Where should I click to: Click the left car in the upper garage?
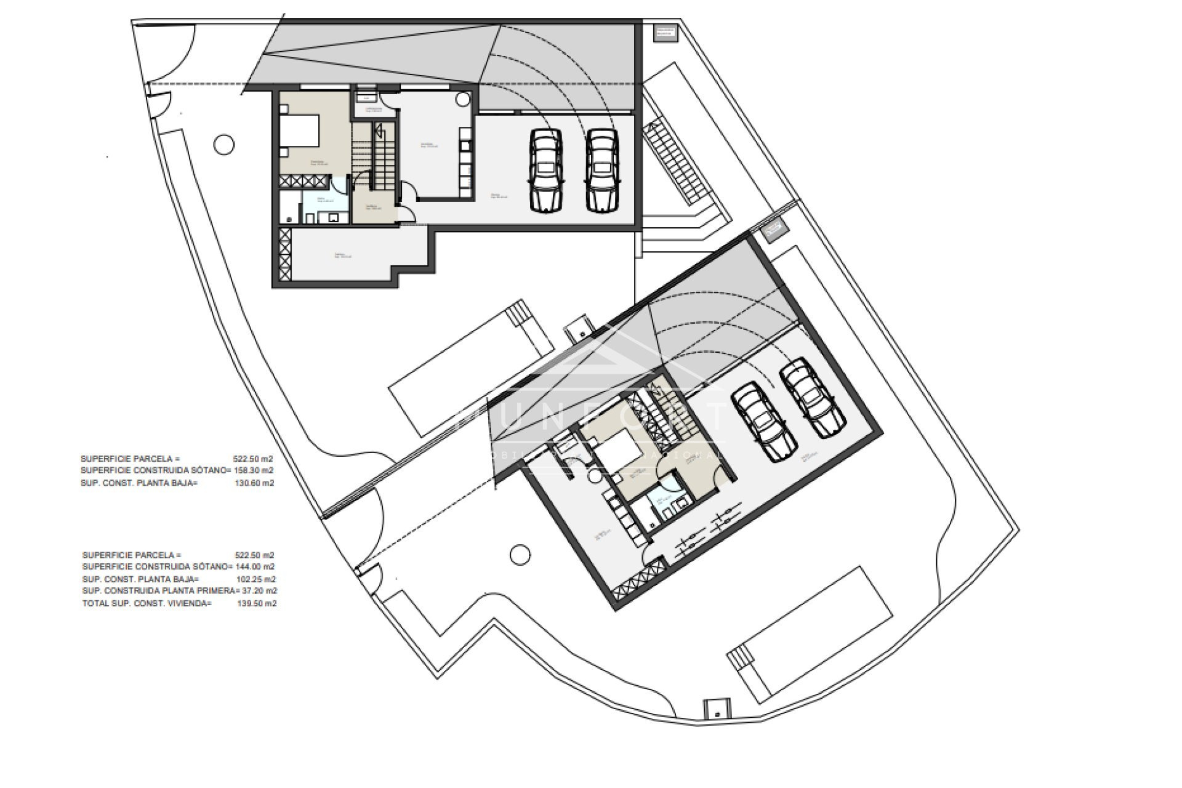pyautogui.click(x=545, y=171)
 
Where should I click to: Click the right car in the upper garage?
pyautogui.click(x=601, y=171)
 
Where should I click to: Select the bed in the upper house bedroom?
pyautogui.click(x=300, y=131)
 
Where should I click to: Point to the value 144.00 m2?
pyautogui.click(x=255, y=566)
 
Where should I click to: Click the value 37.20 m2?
pyautogui.click(x=258, y=590)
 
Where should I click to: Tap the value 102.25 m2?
pyautogui.click(x=255, y=579)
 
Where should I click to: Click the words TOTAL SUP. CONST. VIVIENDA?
pyautogui.click(x=147, y=603)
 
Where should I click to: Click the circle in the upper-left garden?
pyautogui.click(x=224, y=145)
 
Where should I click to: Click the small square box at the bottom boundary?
pyautogui.click(x=717, y=708)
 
